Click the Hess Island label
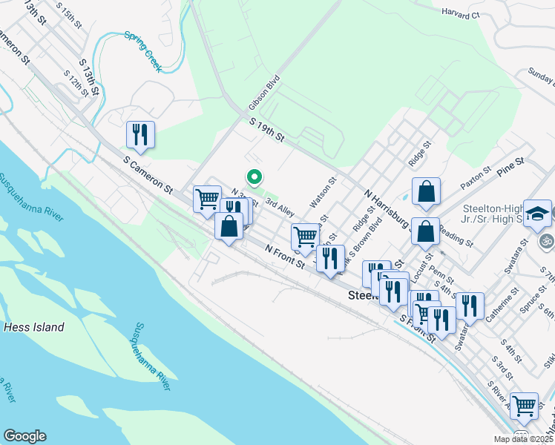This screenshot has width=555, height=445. pyautogui.click(x=33, y=326)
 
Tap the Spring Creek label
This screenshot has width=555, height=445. pyautogui.click(x=142, y=47)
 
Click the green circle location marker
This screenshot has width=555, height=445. pyautogui.click(x=254, y=177)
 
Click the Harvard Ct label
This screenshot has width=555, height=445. pyautogui.click(x=461, y=13)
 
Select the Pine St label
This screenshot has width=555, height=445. pyautogui.click(x=510, y=165)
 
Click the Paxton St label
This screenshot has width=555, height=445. pyautogui.click(x=476, y=180)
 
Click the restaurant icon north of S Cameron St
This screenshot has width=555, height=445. pyautogui.click(x=140, y=134)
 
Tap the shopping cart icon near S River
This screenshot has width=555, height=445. pyautogui.click(x=524, y=405)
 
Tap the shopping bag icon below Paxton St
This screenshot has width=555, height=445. pyautogui.click(x=426, y=231)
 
